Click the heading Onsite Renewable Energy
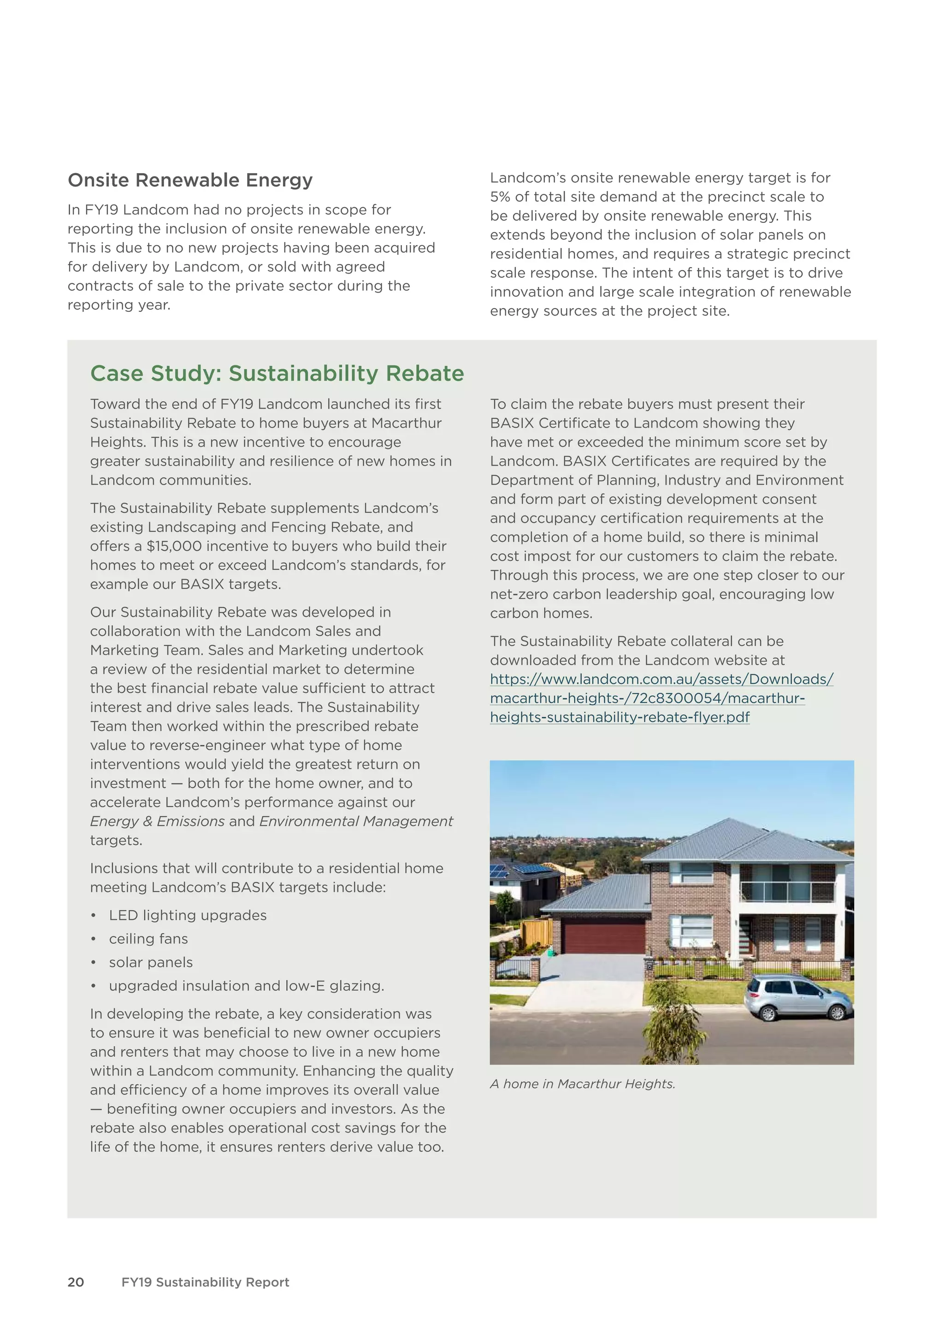pyautogui.click(x=190, y=180)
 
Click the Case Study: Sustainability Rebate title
pyautogui.click(x=277, y=374)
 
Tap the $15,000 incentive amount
pyautogui.click(x=174, y=546)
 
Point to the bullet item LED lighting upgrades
pyautogui.click(x=188, y=915)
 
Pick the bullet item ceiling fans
pyautogui.click(x=148, y=939)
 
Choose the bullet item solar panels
pyautogui.click(x=151, y=962)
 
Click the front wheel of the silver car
pyautogui.click(x=768, y=1014)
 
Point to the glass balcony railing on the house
pyautogui.click(x=788, y=892)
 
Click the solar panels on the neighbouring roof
pyautogui.click(x=526, y=870)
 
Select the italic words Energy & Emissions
pyautogui.click(x=157, y=822)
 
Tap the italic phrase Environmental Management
pyautogui.click(x=356, y=822)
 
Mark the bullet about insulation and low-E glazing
pyautogui.click(x=247, y=986)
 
